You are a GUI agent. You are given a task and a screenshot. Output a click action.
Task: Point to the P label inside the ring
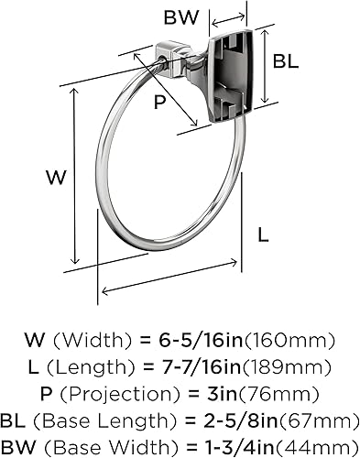(x=160, y=103)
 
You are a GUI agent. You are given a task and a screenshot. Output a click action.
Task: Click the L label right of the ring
(x=263, y=234)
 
